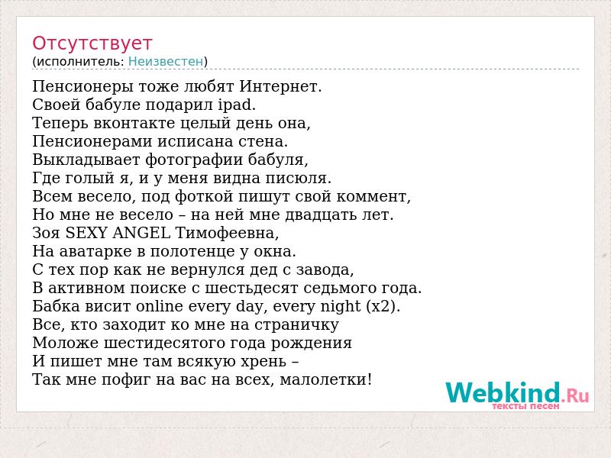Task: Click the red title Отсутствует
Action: pyautogui.click(x=92, y=44)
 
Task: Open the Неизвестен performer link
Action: pyautogui.click(x=166, y=61)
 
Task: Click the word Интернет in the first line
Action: pyautogui.click(x=280, y=86)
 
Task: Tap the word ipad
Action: pyautogui.click(x=237, y=105)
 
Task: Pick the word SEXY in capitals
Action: pyautogui.click(x=86, y=233)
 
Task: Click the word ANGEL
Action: pyautogui.click(x=141, y=233)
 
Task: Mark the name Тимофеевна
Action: pyautogui.click(x=227, y=233)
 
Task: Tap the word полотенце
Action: pyautogui.click(x=192, y=251)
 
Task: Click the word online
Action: pyautogui.click(x=160, y=306)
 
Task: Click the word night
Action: pyautogui.click(x=340, y=307)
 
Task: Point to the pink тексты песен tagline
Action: pyautogui.click(x=525, y=406)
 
